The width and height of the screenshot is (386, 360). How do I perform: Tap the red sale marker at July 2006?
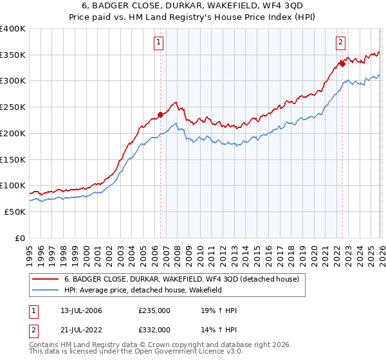click(x=160, y=116)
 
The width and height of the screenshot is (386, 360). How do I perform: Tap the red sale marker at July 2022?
click(x=342, y=64)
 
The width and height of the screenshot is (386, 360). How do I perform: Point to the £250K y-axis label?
click(x=12, y=107)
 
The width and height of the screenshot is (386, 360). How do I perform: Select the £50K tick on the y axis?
click(x=15, y=212)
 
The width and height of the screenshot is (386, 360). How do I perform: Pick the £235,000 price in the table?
click(x=154, y=311)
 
